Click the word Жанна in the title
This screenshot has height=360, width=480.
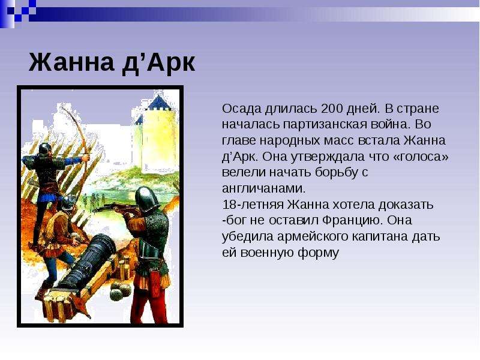click(71, 62)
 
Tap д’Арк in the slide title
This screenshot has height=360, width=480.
click(158, 63)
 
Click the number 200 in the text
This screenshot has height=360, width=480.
click(332, 109)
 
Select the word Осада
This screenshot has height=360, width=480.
click(242, 109)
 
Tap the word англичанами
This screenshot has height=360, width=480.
click(264, 188)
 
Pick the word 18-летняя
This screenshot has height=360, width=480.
click(253, 205)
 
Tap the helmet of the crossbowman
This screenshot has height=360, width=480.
click(146, 198)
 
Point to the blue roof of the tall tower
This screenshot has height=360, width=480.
click(158, 103)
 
